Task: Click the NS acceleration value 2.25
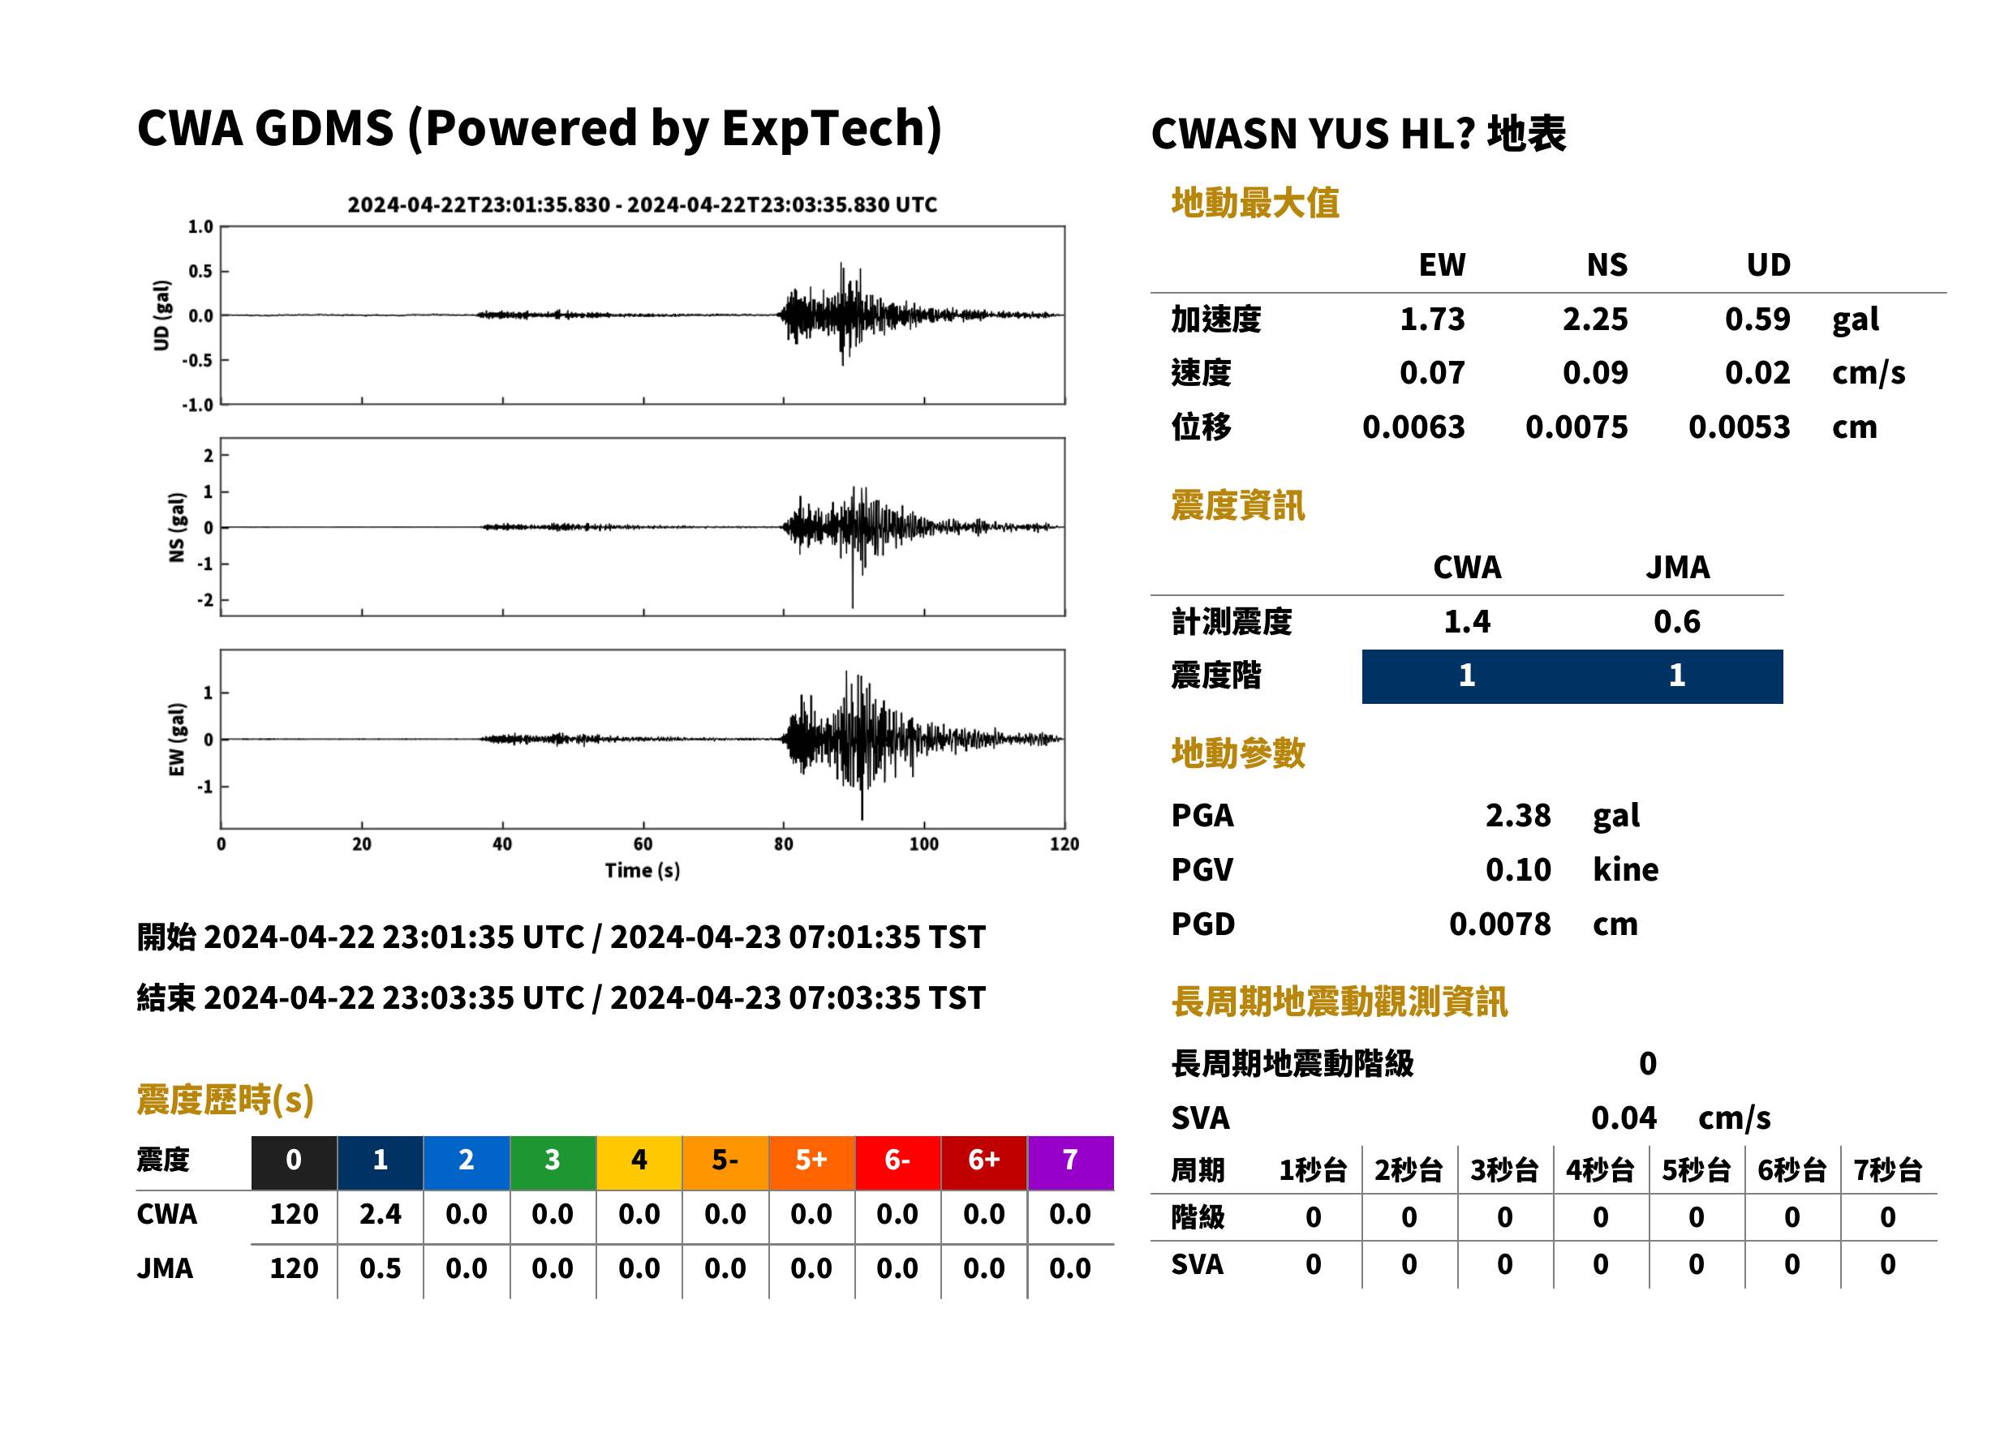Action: pos(1594,320)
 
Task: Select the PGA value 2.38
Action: pos(1517,816)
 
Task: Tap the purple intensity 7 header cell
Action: pos(1070,1162)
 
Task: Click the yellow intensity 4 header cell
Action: pos(639,1162)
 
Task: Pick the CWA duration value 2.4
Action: pos(380,1214)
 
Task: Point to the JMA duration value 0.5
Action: pos(380,1269)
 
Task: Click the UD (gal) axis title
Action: pos(161,316)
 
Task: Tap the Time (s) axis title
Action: pos(643,871)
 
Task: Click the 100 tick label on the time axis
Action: pos(923,844)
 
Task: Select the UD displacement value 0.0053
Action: pos(1739,427)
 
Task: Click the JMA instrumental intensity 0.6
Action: pos(1676,622)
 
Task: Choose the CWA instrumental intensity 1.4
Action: pos(1467,622)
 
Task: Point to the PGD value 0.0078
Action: pos(1499,924)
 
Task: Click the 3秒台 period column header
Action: pos(1504,1171)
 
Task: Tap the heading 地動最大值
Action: pos(1255,203)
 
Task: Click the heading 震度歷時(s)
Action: pos(226,1100)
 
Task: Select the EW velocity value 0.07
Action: pos(1431,373)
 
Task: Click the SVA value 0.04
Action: pos(1624,1118)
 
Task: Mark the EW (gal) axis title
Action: pos(177,740)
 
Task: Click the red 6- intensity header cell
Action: pos(897,1162)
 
